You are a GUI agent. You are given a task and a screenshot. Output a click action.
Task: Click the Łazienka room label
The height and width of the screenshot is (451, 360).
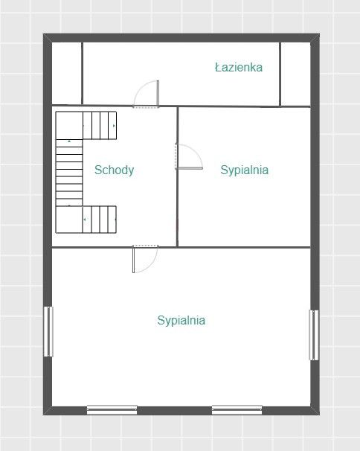tap(239, 67)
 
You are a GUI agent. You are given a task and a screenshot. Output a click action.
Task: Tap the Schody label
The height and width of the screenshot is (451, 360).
tap(114, 170)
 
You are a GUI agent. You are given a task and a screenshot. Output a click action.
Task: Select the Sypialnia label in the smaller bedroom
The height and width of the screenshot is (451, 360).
tap(245, 170)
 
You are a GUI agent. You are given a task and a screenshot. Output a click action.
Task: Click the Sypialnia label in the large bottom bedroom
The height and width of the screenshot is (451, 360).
tap(181, 321)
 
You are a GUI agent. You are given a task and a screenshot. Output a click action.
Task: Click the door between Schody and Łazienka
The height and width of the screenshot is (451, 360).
tap(147, 94)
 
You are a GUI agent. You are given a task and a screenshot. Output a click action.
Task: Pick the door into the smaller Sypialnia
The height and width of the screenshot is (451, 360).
tap(189, 156)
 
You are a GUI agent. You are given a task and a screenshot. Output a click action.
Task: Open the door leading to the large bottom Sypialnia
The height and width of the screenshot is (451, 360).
tap(145, 259)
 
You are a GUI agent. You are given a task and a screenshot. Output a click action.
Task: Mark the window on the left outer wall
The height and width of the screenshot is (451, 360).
tap(48, 332)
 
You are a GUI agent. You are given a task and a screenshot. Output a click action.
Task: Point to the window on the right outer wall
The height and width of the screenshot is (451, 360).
tap(314, 335)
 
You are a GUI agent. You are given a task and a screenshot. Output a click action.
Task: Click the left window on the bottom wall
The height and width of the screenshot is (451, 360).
tap(112, 410)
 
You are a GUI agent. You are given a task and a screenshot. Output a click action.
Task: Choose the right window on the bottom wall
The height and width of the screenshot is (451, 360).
tap(237, 410)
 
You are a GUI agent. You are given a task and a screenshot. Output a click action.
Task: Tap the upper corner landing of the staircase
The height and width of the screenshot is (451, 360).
tap(69, 126)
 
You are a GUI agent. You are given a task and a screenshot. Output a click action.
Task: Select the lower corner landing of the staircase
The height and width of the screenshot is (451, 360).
tap(69, 219)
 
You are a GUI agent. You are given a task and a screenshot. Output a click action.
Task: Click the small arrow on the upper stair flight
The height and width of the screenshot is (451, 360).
tap(114, 126)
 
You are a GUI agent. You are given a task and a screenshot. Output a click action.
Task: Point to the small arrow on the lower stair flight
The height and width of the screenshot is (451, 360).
tap(85, 220)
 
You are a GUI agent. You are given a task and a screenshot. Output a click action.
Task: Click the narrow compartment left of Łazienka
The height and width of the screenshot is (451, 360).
tap(67, 74)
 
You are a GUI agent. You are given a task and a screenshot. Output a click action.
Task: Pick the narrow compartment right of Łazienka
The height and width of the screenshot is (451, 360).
tap(295, 74)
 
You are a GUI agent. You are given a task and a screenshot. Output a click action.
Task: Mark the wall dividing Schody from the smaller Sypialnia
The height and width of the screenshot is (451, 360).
tap(177, 176)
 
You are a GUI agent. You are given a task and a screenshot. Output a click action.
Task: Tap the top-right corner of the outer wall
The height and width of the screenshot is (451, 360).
tap(319, 33)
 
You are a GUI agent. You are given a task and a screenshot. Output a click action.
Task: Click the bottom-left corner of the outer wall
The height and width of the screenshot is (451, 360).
tap(43, 415)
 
